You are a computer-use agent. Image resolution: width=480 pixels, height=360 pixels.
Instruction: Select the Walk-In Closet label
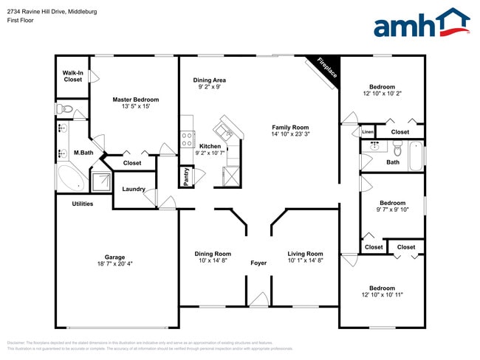tap(72, 76)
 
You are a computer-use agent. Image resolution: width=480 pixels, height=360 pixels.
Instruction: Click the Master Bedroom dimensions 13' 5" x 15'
tap(136, 106)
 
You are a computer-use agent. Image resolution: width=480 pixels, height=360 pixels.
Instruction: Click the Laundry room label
tap(134, 189)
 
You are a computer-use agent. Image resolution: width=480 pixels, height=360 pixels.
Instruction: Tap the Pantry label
tap(186, 176)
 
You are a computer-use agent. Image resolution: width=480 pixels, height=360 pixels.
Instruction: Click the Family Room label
tap(289, 127)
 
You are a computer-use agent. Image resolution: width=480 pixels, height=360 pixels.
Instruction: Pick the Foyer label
tap(258, 263)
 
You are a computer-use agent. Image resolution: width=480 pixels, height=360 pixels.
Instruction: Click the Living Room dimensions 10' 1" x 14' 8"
tap(305, 260)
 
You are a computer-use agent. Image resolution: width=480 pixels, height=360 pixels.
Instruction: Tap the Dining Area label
tap(210, 80)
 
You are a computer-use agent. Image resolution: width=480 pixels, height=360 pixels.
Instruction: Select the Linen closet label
tap(368, 132)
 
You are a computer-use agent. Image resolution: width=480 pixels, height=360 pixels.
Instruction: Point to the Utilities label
tap(83, 204)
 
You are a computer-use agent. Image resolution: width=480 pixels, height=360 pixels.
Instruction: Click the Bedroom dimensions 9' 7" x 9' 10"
tap(393, 210)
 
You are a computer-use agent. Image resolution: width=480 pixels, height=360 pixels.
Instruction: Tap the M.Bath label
tap(83, 153)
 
